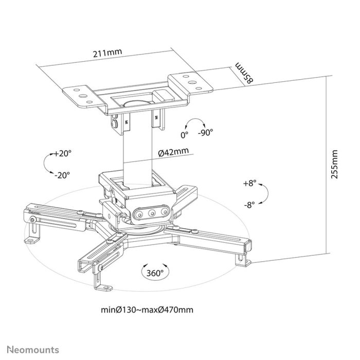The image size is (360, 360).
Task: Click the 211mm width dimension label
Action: [108, 51]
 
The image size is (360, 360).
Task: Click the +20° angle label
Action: [63, 153]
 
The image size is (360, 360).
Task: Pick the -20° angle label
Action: [62, 174]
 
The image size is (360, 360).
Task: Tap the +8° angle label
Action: [250, 183]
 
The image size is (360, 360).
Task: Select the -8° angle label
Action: [251, 204]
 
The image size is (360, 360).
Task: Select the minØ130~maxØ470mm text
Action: [148, 310]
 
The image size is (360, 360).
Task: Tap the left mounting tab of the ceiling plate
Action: [80, 94]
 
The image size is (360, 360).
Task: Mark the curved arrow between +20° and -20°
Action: [47, 164]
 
